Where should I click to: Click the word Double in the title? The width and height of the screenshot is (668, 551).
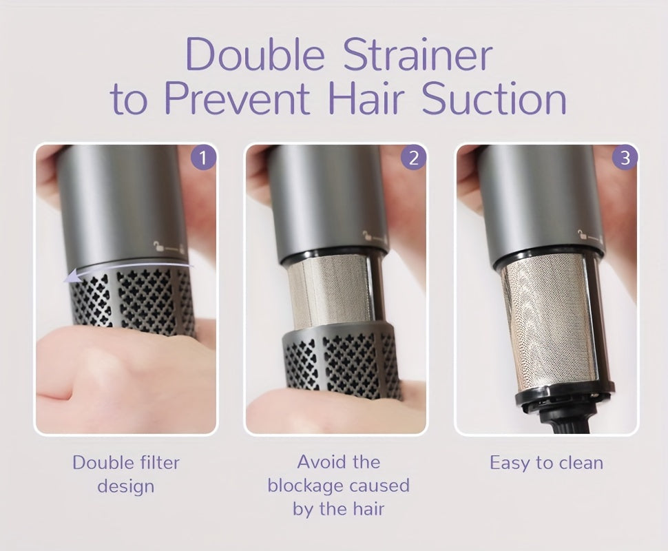pyautogui.click(x=255, y=54)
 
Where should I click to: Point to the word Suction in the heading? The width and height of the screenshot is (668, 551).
pyautogui.click(x=494, y=98)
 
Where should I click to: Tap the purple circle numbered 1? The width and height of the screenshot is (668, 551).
pyautogui.click(x=202, y=158)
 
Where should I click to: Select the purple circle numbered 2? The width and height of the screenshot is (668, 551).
pyautogui.click(x=413, y=158)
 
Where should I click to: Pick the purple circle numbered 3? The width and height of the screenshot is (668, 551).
pyautogui.click(x=625, y=158)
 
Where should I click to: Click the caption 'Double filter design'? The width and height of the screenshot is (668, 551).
pyautogui.click(x=125, y=475)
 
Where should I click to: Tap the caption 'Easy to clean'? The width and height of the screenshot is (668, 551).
pyautogui.click(x=546, y=463)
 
